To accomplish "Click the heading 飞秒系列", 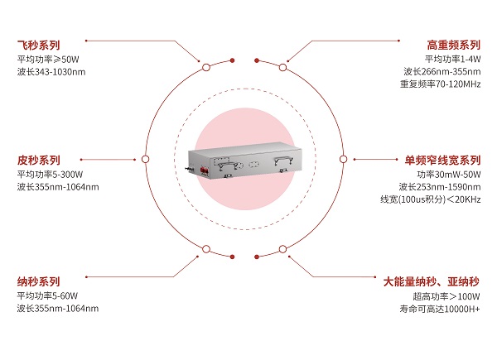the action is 38,45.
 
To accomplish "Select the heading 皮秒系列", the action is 38,161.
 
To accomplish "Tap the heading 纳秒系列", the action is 38,281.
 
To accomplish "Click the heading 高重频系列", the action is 454,45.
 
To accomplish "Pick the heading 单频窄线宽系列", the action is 442,161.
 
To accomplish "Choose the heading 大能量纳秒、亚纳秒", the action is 432,281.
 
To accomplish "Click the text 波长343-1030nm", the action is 51,72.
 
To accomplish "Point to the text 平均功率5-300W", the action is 50,175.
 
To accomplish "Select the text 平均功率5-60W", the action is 47,296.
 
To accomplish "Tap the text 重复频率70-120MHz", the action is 441,84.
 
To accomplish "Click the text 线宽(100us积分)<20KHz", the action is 431,199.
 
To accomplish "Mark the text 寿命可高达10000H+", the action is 440,309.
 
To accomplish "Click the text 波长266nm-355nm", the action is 442,72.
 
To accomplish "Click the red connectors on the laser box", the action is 204,170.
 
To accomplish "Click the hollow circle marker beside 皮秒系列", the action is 146,159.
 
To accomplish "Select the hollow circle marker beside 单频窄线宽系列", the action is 343,159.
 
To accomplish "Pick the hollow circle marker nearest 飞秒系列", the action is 206,67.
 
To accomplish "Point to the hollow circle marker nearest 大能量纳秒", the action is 282,249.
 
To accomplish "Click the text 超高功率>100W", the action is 446,296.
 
